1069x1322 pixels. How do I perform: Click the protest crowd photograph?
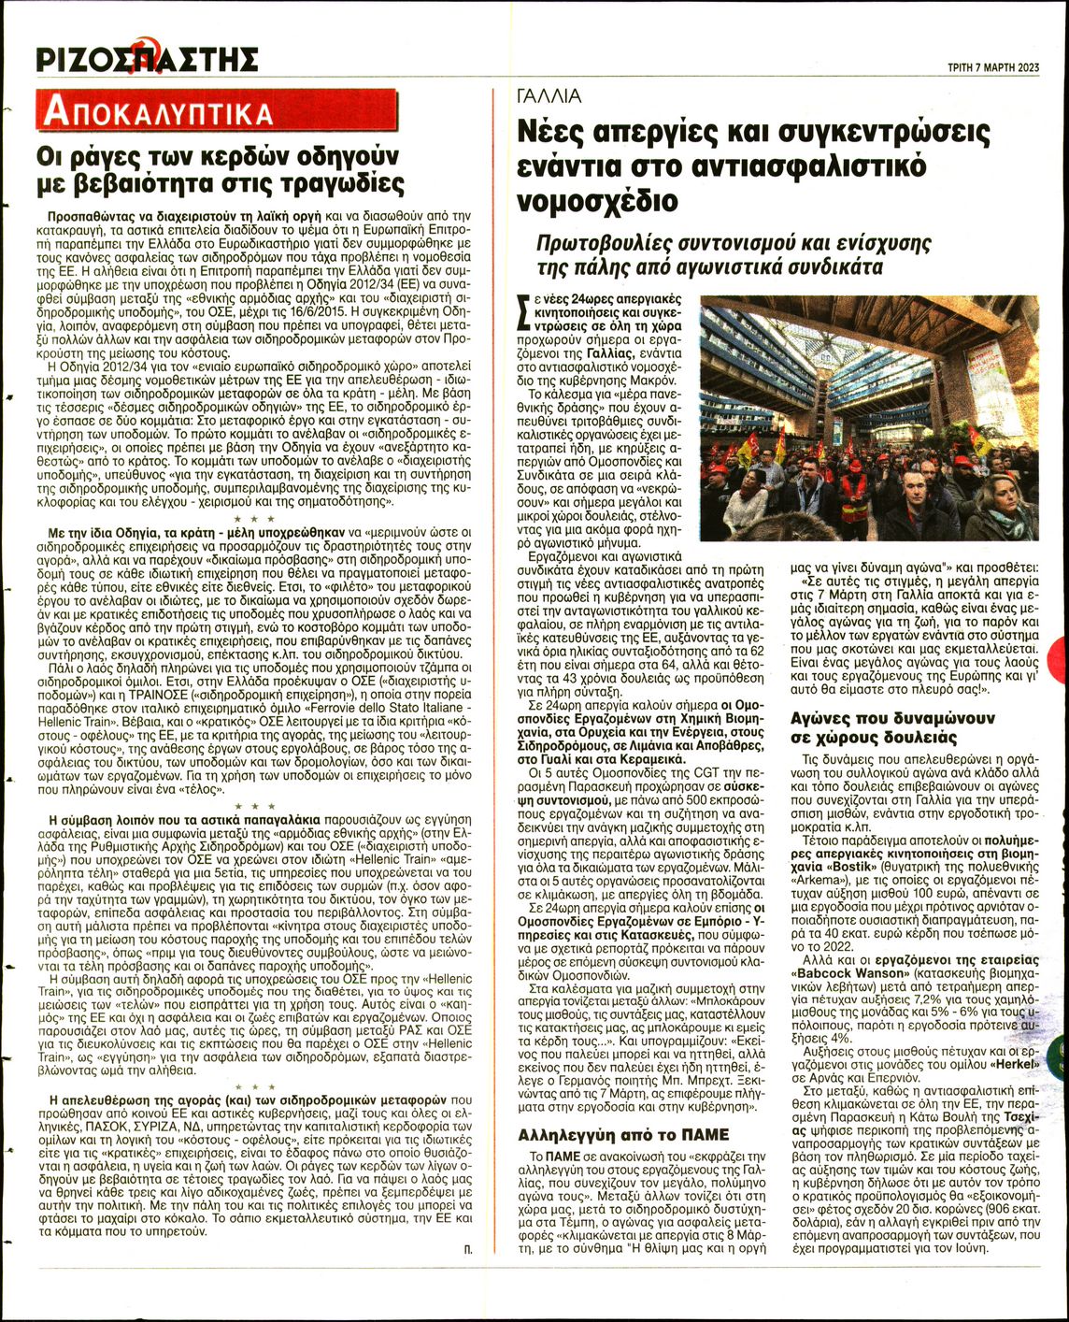869,418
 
